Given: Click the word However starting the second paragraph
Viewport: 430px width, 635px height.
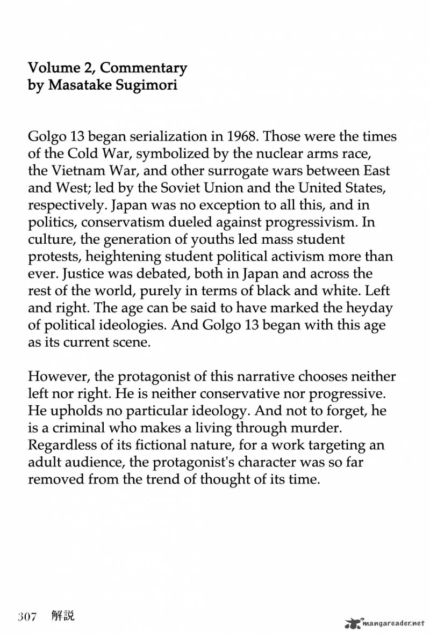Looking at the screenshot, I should [58, 377].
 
